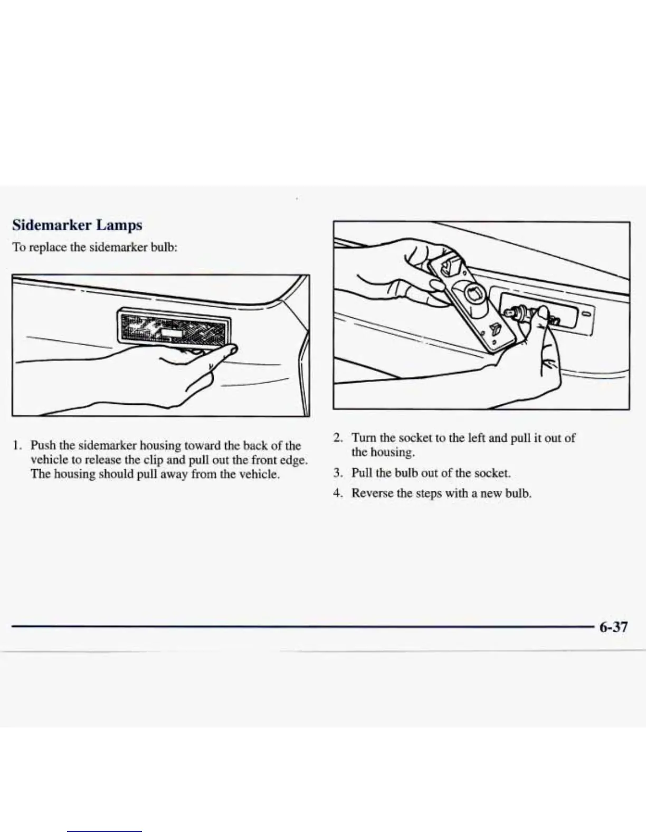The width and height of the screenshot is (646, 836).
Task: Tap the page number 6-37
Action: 613,627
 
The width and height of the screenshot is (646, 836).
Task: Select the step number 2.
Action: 338,438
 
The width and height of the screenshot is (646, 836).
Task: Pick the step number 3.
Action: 338,473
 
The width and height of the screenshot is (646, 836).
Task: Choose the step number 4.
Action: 338,493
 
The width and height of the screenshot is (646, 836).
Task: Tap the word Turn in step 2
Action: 364,438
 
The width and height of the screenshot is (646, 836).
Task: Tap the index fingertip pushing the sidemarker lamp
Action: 232,349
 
